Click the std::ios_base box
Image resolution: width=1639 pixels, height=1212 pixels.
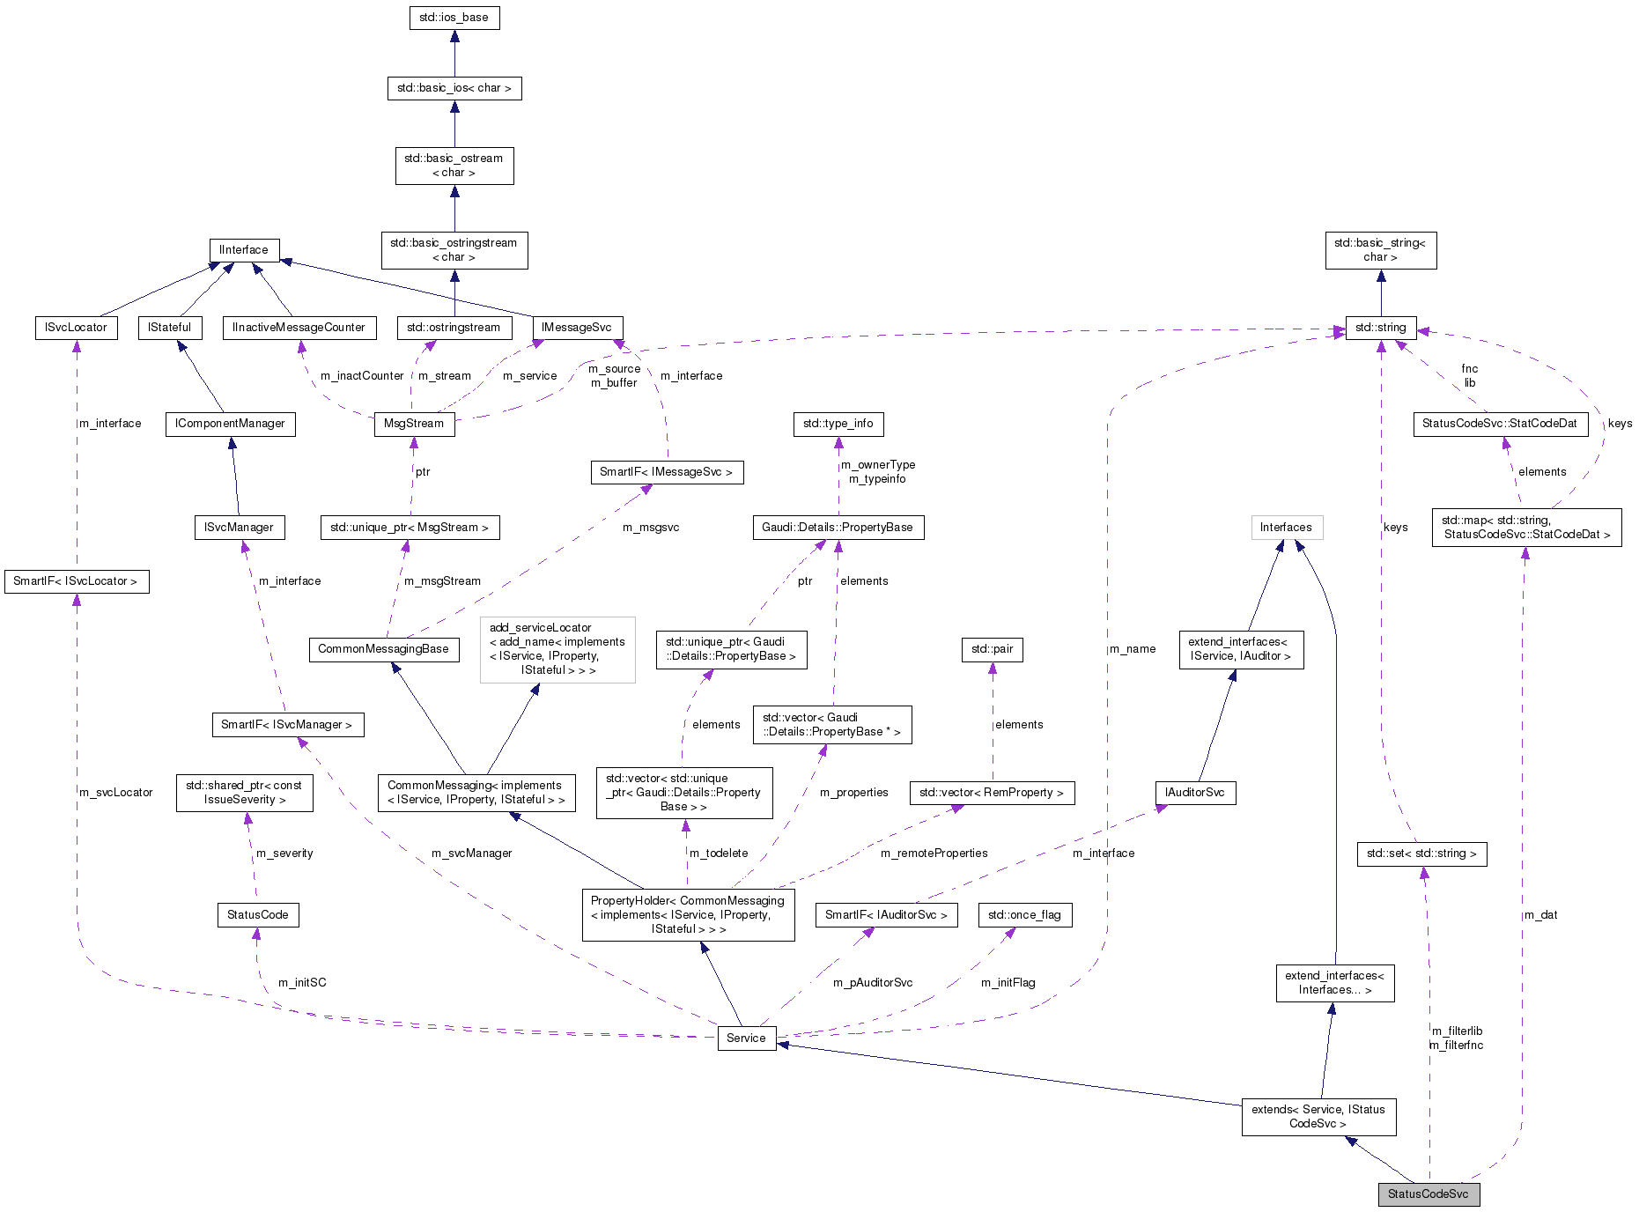click(454, 18)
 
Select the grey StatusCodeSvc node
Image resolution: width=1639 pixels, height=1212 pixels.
click(1429, 1194)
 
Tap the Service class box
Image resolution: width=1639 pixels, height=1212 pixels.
click(746, 1038)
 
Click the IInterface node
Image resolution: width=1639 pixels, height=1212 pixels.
click(244, 250)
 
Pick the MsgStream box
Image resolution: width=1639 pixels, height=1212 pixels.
click(414, 424)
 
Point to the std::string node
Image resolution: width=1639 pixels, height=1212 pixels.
click(1380, 328)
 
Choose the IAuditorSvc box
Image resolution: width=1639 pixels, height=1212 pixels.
click(1195, 793)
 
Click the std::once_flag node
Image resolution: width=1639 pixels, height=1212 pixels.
click(1024, 915)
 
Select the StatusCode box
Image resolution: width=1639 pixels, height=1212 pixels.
click(258, 915)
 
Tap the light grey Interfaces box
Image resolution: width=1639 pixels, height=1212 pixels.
click(1286, 528)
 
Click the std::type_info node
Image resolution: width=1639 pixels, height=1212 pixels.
click(838, 424)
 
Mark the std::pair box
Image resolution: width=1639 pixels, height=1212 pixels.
click(992, 649)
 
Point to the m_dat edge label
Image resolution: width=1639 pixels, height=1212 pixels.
click(1541, 915)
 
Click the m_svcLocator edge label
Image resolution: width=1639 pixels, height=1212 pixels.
click(116, 793)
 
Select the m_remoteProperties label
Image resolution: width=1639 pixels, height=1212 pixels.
click(934, 854)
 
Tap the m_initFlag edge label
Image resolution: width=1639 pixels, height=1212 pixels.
click(1008, 983)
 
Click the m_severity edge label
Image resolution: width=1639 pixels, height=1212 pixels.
click(284, 854)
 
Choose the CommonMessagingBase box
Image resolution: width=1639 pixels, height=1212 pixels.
click(383, 649)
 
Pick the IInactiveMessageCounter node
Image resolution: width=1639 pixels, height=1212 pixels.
click(299, 328)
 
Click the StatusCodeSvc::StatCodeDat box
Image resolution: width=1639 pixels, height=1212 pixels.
click(1499, 424)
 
